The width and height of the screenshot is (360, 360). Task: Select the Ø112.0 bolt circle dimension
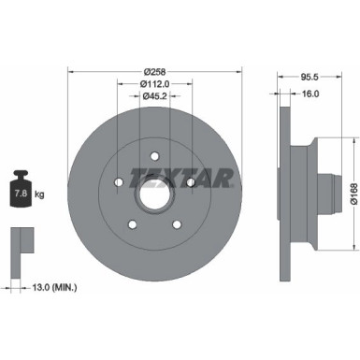154,85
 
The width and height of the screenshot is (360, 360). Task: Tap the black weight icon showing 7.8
20,194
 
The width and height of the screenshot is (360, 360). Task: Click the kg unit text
39,194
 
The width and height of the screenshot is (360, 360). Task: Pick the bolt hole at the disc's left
117,183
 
